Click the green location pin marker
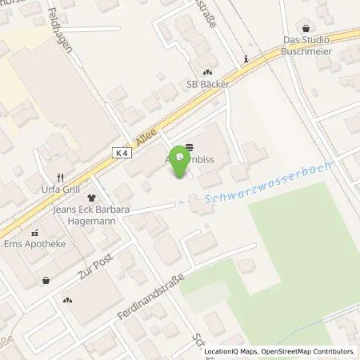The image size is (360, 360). (180, 161)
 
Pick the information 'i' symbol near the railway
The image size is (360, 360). (246, 58)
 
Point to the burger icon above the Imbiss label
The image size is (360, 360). (189, 147)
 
